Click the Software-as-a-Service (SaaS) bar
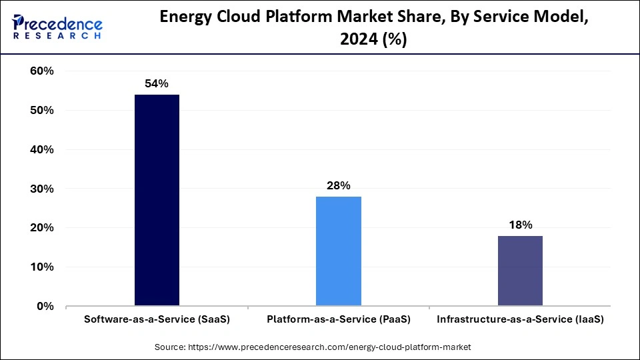pos(157,200)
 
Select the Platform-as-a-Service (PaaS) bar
pos(339,251)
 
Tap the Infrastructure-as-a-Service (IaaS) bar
pos(520,271)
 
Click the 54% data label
pos(157,84)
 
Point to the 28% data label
pos(339,186)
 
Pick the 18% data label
pos(520,225)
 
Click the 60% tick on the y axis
pos(42,71)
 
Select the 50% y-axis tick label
pos(42,111)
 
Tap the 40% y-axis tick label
pos(42,150)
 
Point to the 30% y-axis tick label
pos(42,189)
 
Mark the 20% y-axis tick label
pos(42,228)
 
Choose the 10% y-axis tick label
pos(42,267)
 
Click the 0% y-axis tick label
pos(45,307)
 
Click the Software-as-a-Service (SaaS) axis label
pos(157,320)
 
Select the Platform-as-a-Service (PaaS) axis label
pos(339,320)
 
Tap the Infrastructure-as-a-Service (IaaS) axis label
pos(520,320)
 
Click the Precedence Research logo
pos(57,27)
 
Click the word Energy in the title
pos(190,19)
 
